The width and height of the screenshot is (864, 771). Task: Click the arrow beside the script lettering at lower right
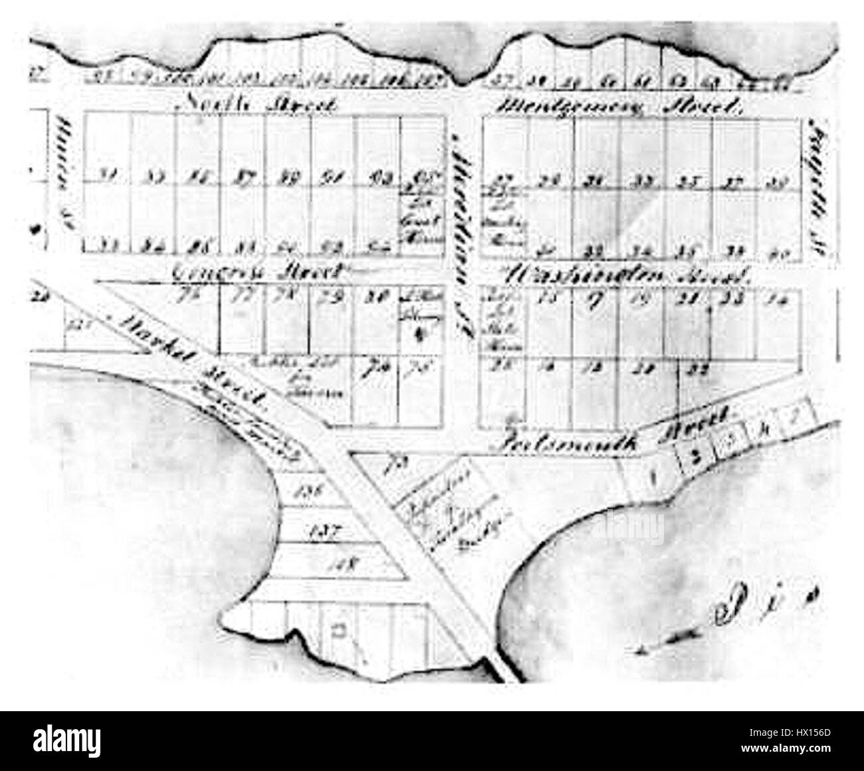[x=668, y=639]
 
